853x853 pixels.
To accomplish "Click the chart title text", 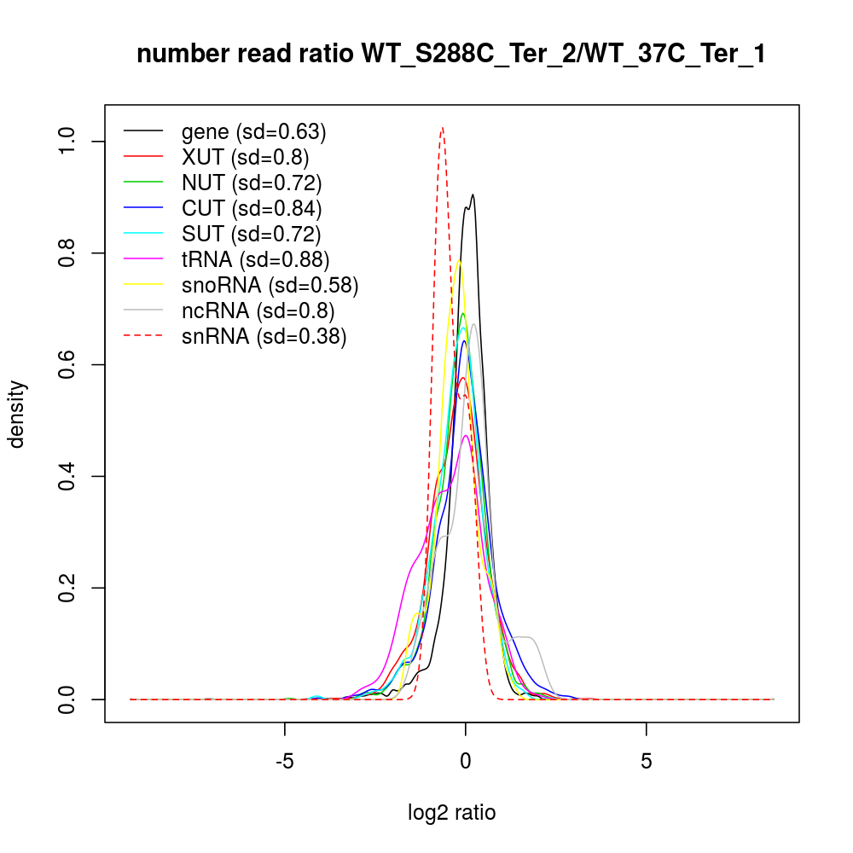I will pos(451,55).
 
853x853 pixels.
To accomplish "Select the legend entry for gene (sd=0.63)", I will pos(253,132).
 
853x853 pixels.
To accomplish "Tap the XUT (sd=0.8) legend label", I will pos(245,158).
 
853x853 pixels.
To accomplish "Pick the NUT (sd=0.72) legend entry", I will pos(251,183).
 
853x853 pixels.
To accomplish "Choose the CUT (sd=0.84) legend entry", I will pos(251,207).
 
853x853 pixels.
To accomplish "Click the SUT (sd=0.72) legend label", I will pos(251,233).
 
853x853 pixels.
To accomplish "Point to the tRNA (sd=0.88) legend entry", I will pos(255,258).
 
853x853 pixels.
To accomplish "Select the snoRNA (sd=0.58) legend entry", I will pos(269,284).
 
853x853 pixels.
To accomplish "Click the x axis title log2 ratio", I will pos(452,813).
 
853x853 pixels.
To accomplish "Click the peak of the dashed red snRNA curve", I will pos(442,128).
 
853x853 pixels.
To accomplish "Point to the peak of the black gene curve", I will pos(472,194).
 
